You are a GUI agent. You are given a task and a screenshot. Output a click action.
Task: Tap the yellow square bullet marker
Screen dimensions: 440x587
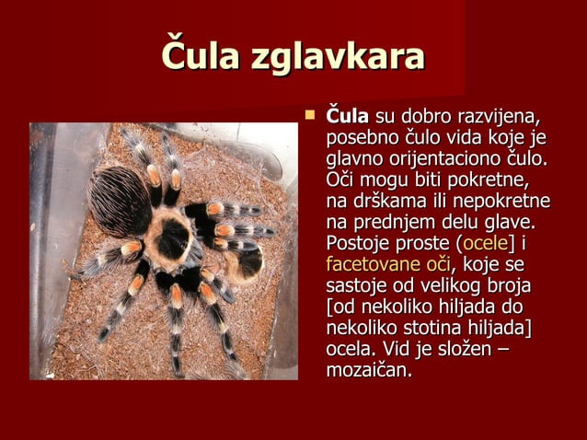310,116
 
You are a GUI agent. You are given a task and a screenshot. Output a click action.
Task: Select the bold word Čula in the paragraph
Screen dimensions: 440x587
348,119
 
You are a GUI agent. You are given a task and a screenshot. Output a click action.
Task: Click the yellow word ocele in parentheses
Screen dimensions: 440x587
478,244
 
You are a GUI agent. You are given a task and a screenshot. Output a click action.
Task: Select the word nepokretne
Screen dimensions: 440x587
505,202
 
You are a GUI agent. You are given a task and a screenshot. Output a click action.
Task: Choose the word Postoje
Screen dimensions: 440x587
359,244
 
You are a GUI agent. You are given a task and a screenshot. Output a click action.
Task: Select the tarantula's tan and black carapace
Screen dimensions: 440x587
171,241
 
